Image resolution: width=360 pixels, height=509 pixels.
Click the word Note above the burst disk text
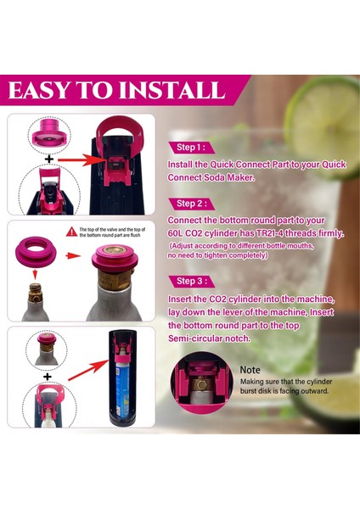coord(250,370)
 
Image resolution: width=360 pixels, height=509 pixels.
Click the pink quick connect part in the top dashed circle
coord(48,135)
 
